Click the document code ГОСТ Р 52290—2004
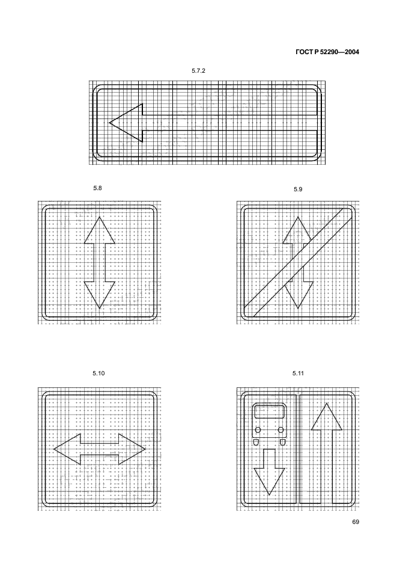pyautogui.click(x=327, y=52)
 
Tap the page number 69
pyautogui.click(x=356, y=521)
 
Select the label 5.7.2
pyautogui.click(x=198, y=71)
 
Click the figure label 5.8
pyautogui.click(x=97, y=188)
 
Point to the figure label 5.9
pyautogui.click(x=298, y=189)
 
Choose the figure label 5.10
pyautogui.click(x=98, y=374)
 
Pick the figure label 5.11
pyautogui.click(x=298, y=374)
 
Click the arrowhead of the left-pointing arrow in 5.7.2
pyautogui.click(x=126, y=123)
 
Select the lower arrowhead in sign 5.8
pyautogui.click(x=99, y=295)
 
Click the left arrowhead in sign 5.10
pyautogui.click(x=67, y=449)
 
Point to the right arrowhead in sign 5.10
pyautogui.click(x=132, y=449)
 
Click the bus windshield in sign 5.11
pyautogui.click(x=269, y=412)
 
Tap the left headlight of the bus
pyautogui.click(x=258, y=430)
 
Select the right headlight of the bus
pyautogui.click(x=281, y=430)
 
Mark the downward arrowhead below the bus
pyautogui.click(x=269, y=481)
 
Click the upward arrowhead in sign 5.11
pyautogui.click(x=326, y=416)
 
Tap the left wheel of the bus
pyautogui.click(x=256, y=442)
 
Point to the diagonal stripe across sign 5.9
pyautogui.click(x=299, y=262)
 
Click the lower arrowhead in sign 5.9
pyautogui.click(x=298, y=295)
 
